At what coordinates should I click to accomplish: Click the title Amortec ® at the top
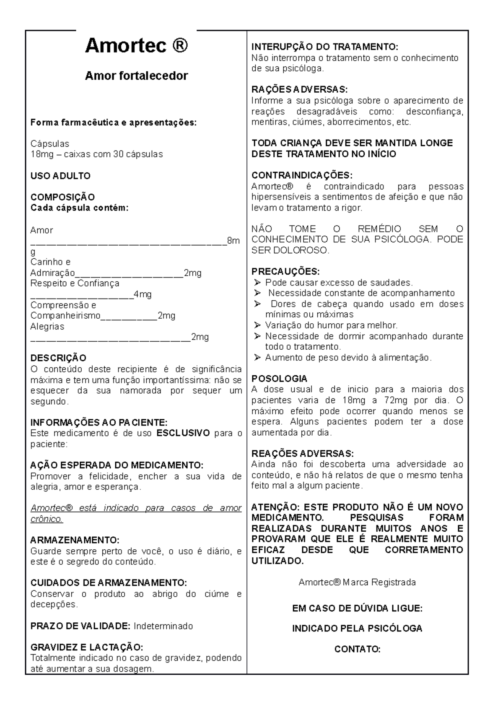[x=136, y=46]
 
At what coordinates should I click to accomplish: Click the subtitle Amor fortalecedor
[x=136, y=76]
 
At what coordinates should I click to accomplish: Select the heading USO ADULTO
[x=60, y=176]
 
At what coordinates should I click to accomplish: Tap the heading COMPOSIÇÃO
[x=62, y=197]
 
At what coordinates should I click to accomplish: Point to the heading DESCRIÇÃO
[x=58, y=358]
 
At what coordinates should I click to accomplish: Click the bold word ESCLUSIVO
[x=183, y=433]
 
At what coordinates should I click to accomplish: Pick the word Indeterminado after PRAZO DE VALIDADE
[x=163, y=626]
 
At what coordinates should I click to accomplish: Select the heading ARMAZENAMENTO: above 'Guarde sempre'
[x=75, y=540]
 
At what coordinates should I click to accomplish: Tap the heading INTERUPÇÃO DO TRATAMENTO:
[x=324, y=47]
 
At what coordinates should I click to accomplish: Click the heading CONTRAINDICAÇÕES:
[x=302, y=175]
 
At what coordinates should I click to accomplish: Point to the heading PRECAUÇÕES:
[x=285, y=272]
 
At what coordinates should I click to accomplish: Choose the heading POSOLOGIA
[x=279, y=379]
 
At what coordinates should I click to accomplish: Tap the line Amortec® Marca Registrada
[x=357, y=582]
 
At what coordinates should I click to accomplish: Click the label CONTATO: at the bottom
[x=357, y=650]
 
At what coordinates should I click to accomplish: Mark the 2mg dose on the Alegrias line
[x=200, y=337]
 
